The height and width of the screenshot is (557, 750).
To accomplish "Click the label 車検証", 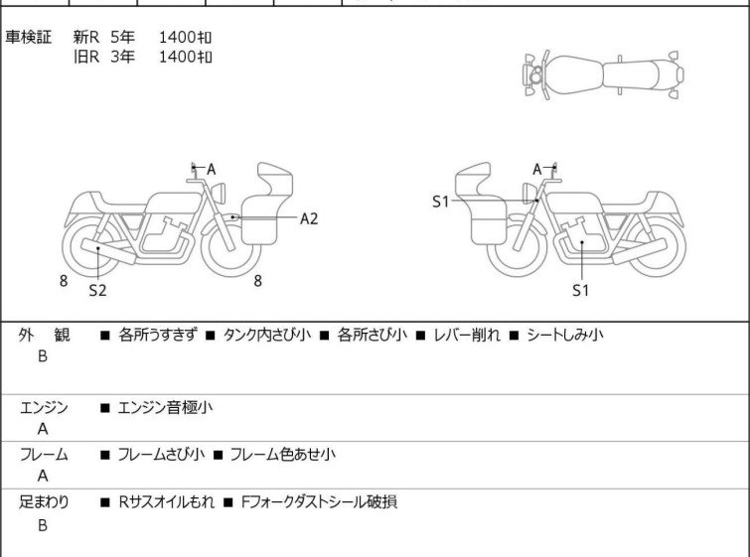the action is click(x=28, y=37).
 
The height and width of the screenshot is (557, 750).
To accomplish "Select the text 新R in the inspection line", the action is click(x=86, y=37).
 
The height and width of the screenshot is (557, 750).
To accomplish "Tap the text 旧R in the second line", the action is click(x=86, y=57).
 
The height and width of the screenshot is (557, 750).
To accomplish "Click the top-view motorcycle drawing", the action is click(x=603, y=75).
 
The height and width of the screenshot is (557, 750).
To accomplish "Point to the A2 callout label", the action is click(x=309, y=218).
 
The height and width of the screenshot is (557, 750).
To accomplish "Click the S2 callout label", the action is click(x=97, y=290).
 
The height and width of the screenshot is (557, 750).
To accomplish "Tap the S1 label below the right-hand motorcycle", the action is click(x=581, y=290).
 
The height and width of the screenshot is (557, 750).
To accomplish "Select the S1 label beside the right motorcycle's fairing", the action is click(x=440, y=202).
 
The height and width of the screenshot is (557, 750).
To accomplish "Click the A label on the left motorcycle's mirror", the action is click(x=211, y=169).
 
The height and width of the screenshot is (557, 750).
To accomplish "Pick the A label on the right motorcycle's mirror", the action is click(x=537, y=169).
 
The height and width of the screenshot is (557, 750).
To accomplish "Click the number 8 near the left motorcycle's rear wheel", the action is click(x=64, y=281).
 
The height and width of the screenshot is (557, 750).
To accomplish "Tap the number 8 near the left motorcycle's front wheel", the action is click(x=258, y=281).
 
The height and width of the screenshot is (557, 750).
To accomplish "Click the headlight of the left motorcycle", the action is click(x=219, y=193).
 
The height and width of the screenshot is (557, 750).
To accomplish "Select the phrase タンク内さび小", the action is click(x=267, y=335).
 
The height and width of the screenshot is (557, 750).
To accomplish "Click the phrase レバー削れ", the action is click(x=466, y=335).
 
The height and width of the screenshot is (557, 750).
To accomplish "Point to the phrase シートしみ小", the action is click(x=565, y=335).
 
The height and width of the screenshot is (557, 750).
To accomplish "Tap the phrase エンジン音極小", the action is click(x=165, y=407).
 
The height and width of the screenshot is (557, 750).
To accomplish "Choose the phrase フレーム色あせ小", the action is click(x=283, y=454).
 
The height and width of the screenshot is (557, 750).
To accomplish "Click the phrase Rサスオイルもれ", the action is click(x=166, y=502).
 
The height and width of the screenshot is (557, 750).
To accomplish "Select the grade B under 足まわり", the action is click(x=43, y=525).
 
